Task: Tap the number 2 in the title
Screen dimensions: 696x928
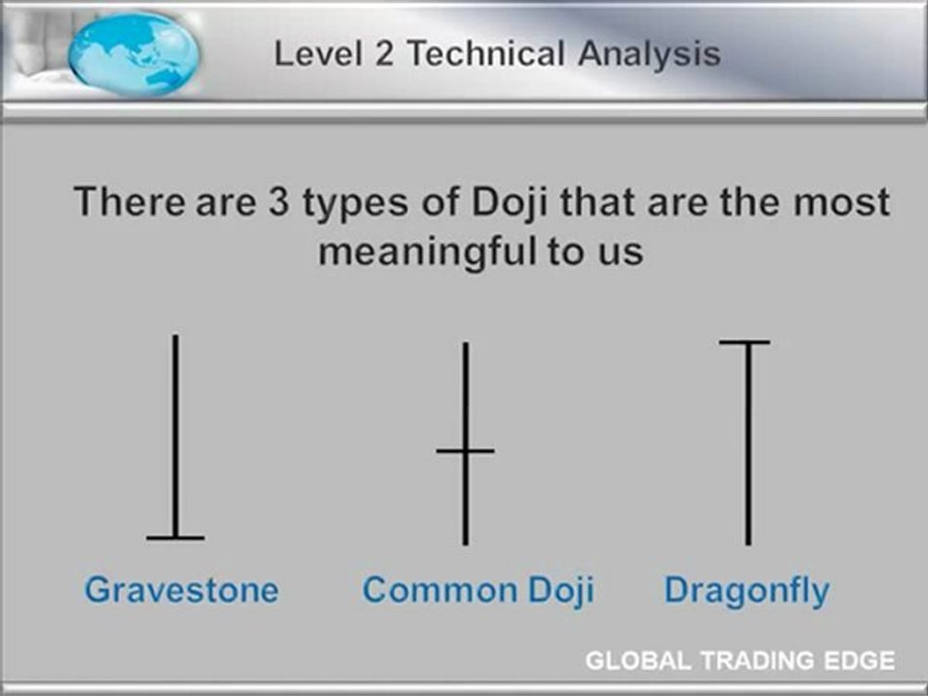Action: [x=387, y=52]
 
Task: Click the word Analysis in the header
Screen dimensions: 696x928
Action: [x=650, y=53]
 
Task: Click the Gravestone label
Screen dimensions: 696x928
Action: [x=181, y=590]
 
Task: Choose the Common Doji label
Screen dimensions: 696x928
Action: [x=478, y=590]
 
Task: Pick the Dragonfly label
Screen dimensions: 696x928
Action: [x=746, y=590]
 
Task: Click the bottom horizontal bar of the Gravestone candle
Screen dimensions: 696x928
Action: [x=175, y=536]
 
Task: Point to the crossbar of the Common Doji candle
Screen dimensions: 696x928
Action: [x=465, y=450]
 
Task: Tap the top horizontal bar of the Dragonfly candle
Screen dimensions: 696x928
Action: [x=745, y=342]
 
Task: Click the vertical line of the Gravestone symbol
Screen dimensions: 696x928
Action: [x=175, y=435]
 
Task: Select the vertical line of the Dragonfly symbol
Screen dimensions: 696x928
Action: [x=746, y=445]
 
